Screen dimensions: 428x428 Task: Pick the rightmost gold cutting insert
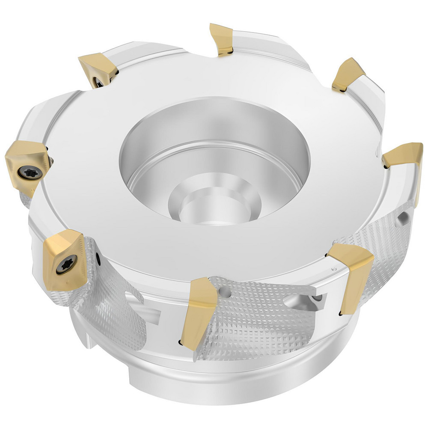click(403, 156)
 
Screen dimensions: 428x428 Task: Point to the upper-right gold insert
click(348, 74)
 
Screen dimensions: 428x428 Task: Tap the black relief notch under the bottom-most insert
click(179, 342)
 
